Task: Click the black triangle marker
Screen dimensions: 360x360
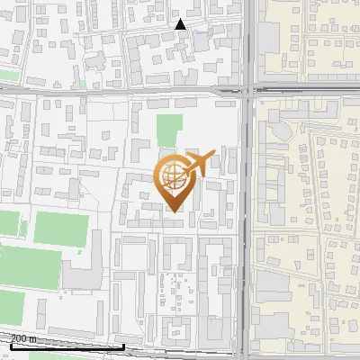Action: pyautogui.click(x=181, y=24)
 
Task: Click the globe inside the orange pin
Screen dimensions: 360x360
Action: pyautogui.click(x=172, y=177)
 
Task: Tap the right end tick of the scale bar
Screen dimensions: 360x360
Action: pyautogui.click(x=123, y=345)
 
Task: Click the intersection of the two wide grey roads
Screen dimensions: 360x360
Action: pyautogui.click(x=246, y=89)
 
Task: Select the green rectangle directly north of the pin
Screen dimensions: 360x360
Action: pyautogui.click(x=168, y=131)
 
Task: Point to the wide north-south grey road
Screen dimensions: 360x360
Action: pyautogui.click(x=246, y=225)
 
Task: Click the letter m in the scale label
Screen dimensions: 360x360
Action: pyautogui.click(x=31, y=338)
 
